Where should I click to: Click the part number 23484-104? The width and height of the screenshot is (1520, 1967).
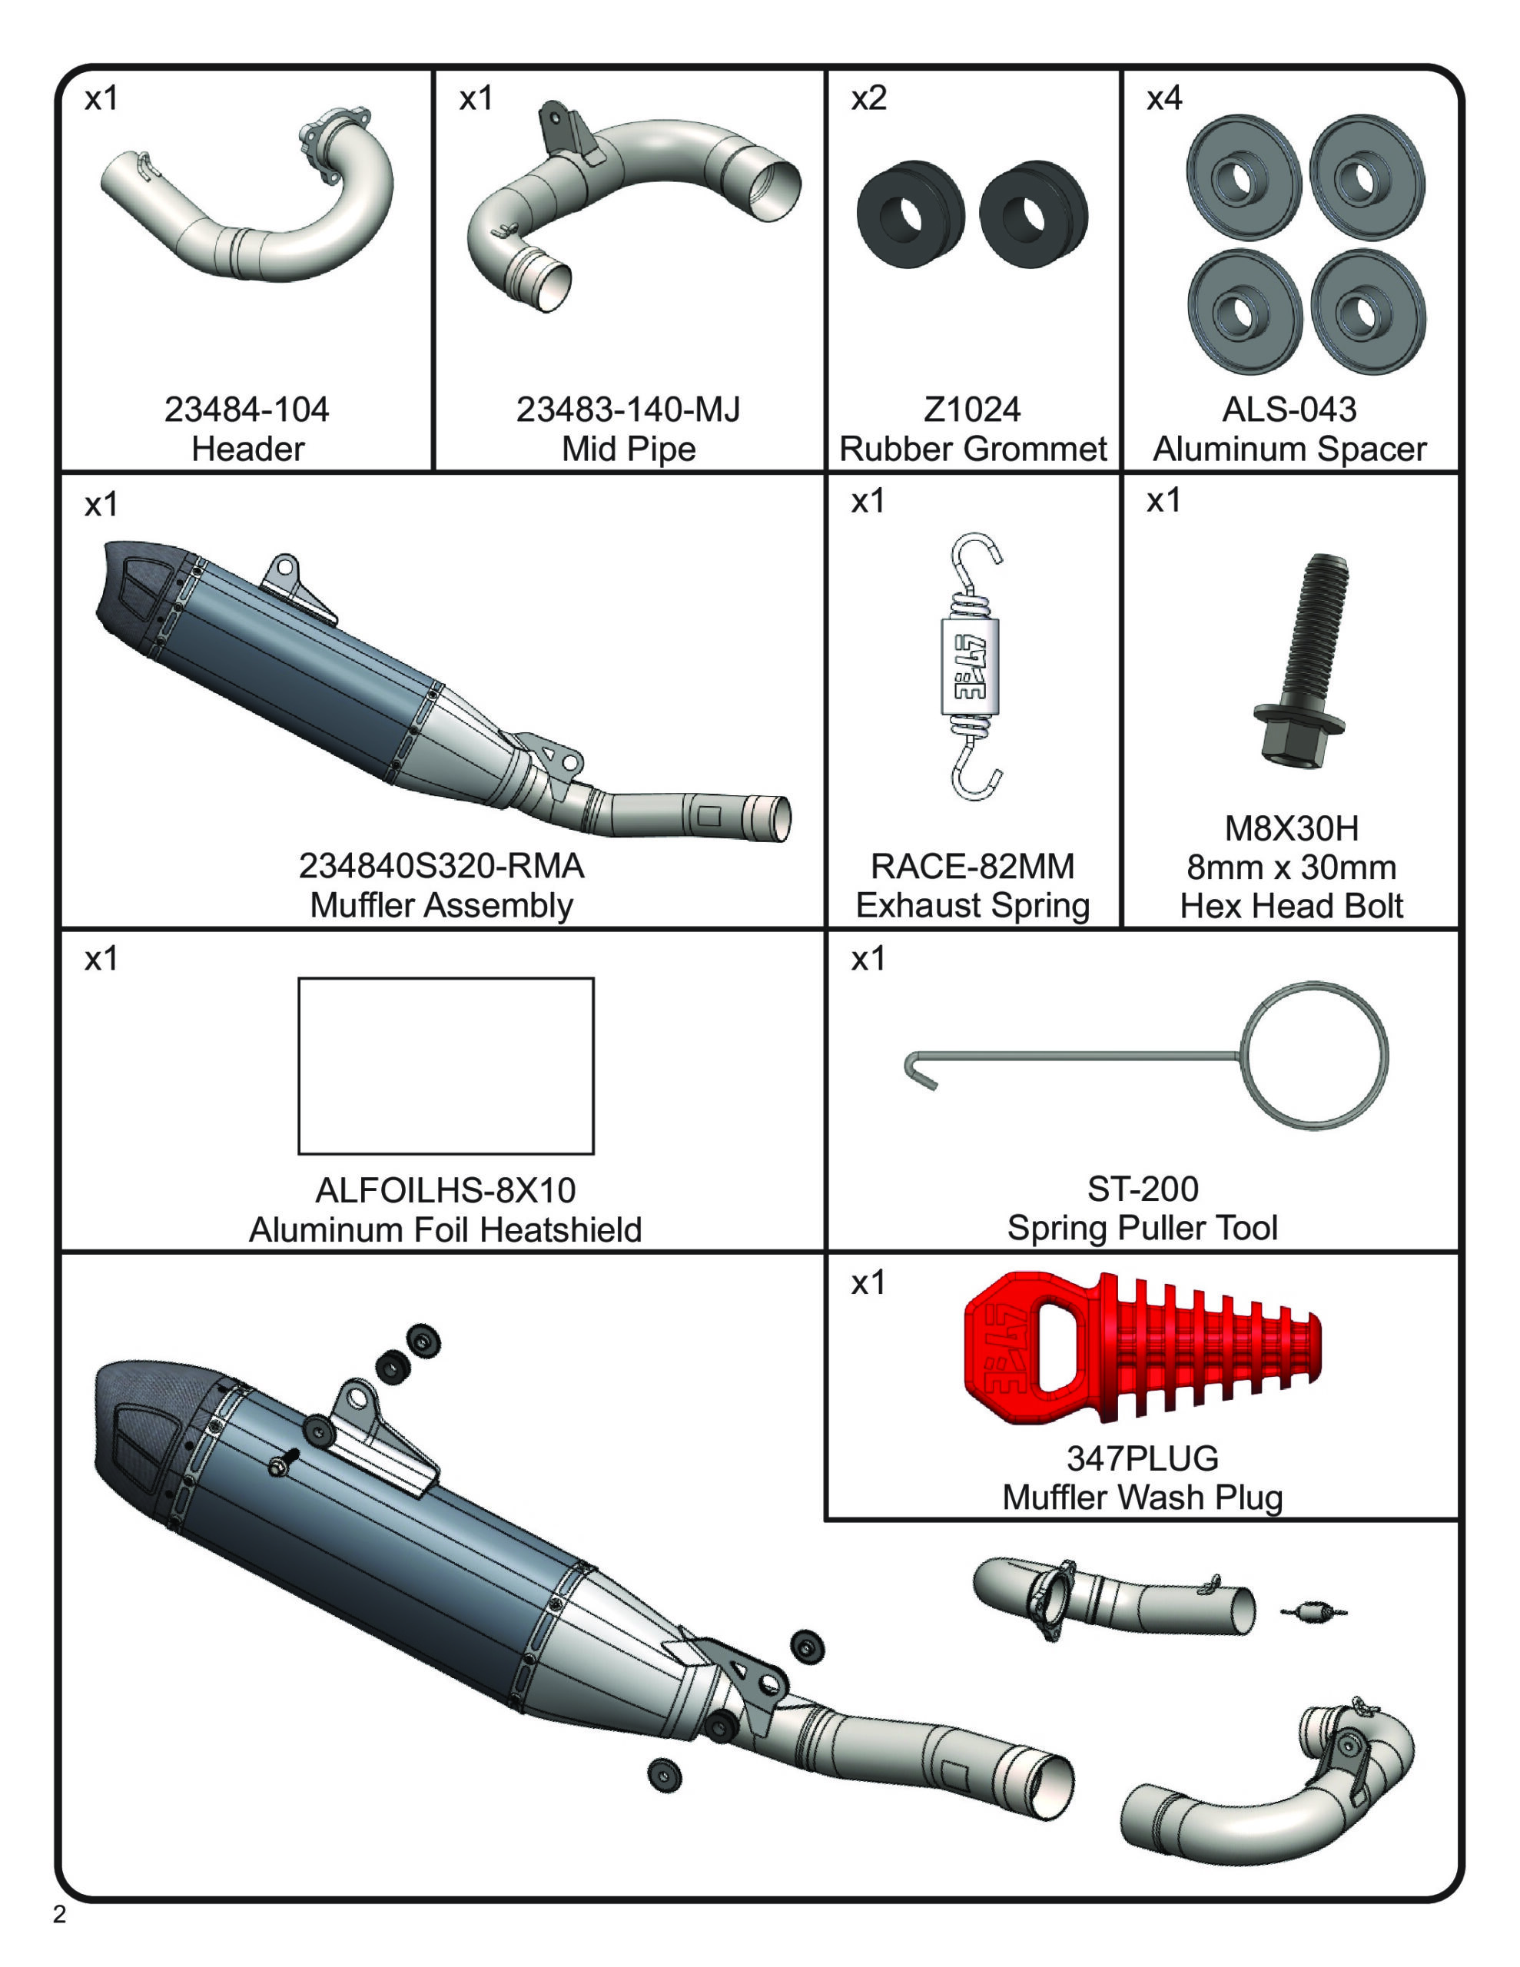(246, 410)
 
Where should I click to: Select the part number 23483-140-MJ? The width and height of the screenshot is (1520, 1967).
(627, 410)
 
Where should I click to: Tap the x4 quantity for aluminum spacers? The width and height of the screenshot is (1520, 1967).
(1163, 98)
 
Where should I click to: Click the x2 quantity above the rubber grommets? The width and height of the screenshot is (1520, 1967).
(868, 98)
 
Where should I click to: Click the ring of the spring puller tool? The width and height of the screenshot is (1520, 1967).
(1313, 1055)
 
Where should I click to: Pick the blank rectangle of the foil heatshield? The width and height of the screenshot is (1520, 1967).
(445, 1066)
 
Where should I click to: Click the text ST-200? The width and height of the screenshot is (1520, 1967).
(1142, 1189)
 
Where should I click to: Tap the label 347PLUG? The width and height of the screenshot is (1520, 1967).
(1142, 1458)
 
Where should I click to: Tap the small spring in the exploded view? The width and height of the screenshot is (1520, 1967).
(1313, 1611)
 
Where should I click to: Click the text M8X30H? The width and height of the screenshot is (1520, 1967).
(1290, 828)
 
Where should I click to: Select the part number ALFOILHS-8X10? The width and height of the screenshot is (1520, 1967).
(445, 1191)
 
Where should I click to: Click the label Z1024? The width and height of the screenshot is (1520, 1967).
(971, 410)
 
